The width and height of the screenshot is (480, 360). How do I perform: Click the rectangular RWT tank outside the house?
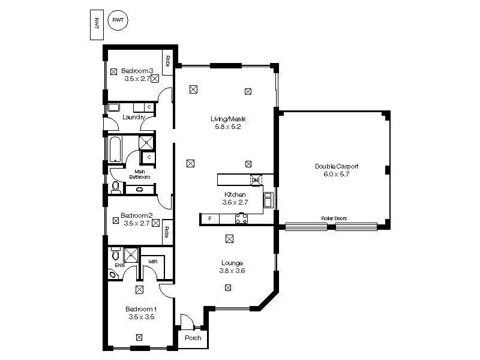coord(95,25)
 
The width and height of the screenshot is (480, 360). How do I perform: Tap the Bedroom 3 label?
coord(137,71)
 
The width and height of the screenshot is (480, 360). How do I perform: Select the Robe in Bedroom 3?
coord(167,61)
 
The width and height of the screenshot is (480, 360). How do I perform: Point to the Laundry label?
coord(134,117)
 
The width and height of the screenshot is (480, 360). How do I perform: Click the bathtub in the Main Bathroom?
coord(116,149)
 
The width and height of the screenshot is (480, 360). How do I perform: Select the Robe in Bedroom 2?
coord(167,232)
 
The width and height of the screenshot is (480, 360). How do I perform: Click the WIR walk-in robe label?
coord(152,261)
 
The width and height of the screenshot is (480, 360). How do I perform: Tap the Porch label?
coord(193,338)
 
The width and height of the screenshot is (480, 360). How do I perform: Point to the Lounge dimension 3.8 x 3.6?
coord(232,271)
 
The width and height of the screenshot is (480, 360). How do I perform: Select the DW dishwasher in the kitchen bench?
coord(256,179)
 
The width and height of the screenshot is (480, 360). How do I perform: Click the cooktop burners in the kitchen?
coord(241,219)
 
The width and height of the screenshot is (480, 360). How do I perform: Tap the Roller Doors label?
coord(334,218)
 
